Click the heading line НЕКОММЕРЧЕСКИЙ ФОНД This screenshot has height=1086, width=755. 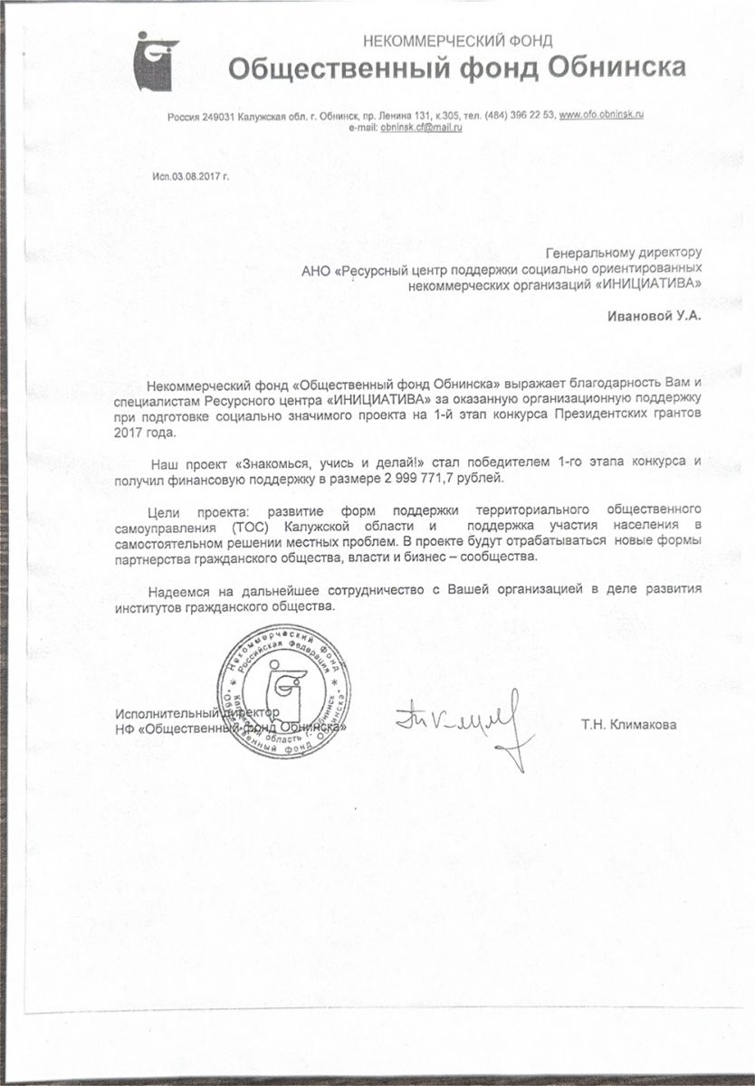[x=457, y=41]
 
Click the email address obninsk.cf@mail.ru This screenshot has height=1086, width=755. [x=422, y=129]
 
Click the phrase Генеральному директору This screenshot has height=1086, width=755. [x=625, y=252]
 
